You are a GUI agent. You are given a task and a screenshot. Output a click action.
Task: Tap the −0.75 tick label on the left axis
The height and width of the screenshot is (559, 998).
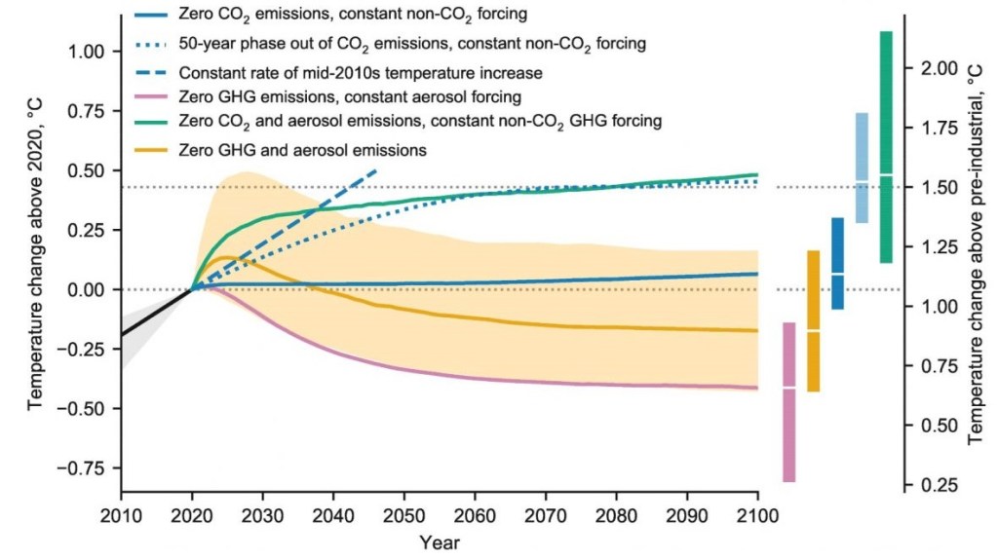(82, 467)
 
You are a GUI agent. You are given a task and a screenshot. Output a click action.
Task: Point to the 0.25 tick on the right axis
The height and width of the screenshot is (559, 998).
(941, 485)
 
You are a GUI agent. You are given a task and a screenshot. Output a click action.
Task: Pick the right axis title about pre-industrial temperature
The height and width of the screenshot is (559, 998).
(975, 278)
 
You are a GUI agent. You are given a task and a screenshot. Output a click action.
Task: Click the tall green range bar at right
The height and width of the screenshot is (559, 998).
(885, 146)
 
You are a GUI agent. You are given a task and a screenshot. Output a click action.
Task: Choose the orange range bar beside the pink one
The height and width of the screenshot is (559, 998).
(813, 321)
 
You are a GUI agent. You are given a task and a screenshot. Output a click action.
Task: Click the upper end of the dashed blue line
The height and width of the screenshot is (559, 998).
(376, 169)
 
